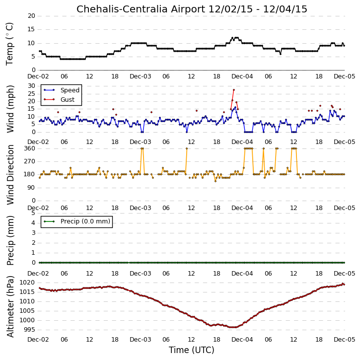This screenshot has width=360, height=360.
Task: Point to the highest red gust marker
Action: click(234, 90)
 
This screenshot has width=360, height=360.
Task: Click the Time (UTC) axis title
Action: click(192, 350)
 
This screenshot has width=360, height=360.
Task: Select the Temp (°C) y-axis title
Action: click(9, 44)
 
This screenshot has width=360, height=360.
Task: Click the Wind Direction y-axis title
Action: click(10, 175)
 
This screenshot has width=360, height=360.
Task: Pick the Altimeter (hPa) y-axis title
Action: click(10, 306)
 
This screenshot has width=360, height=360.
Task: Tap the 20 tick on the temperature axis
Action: click(31, 16)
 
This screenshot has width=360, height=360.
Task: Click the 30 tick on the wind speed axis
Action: click(31, 86)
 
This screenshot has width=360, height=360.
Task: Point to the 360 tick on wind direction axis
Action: click(30, 148)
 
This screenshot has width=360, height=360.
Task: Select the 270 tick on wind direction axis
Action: click(30, 161)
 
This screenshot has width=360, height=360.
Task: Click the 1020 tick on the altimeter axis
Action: click(27, 283)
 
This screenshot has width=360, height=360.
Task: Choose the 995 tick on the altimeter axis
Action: click(29, 330)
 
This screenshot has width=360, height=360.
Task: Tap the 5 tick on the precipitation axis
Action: click(33, 213)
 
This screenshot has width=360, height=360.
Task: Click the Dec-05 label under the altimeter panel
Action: click(345, 339)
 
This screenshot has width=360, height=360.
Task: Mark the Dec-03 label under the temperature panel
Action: click(141, 76)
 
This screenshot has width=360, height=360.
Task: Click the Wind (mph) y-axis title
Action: click(10, 109)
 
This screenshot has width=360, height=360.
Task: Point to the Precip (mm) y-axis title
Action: click(10, 240)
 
